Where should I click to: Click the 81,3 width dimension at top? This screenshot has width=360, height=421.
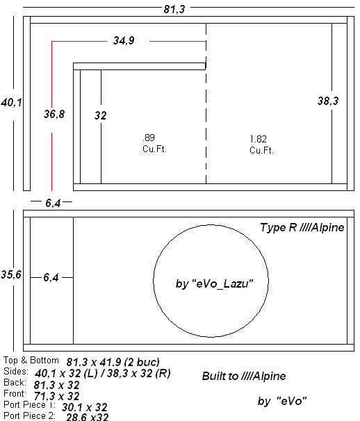pyautogui.click(x=174, y=10)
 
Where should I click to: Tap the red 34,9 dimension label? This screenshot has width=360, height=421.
pyautogui.click(x=124, y=40)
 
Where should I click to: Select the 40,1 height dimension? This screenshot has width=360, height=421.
pyautogui.click(x=11, y=102)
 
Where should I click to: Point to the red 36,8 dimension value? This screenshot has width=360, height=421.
pyautogui.click(x=54, y=114)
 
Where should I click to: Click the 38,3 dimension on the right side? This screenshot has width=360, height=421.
pyautogui.click(x=328, y=101)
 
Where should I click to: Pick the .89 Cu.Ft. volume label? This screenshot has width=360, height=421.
pyautogui.click(x=154, y=143)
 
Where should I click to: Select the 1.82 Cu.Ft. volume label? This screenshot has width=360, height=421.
pyautogui.click(x=261, y=145)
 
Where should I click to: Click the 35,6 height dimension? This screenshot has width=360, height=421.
pyautogui.click(x=10, y=274)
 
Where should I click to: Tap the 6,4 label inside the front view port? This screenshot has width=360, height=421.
pyautogui.click(x=51, y=277)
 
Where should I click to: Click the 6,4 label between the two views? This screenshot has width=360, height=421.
pyautogui.click(x=53, y=203)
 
